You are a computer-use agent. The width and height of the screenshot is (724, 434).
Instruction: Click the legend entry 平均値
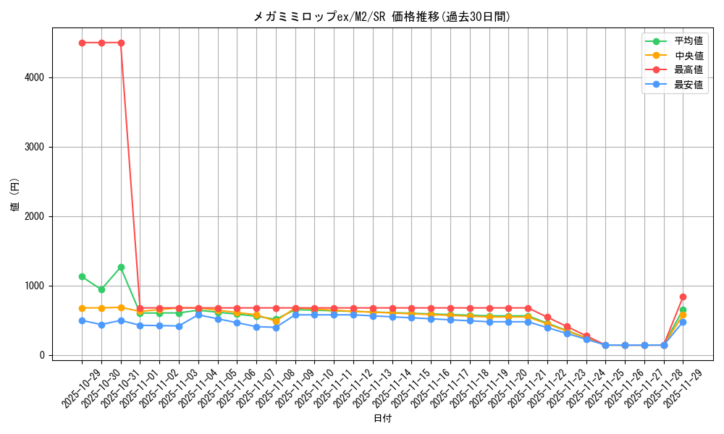point(689,41)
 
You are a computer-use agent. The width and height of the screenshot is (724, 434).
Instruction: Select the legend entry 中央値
point(689,56)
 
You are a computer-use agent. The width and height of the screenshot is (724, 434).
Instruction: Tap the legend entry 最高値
point(689,70)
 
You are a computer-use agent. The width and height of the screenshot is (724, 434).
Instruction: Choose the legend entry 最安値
point(689,85)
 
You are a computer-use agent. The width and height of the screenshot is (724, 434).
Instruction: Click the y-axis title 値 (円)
point(15,195)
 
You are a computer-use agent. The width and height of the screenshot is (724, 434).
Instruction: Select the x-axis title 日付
point(382,419)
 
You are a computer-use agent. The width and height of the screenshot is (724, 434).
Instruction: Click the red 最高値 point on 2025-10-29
point(82,43)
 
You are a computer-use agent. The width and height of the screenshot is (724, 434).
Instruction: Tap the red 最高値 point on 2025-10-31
point(121,43)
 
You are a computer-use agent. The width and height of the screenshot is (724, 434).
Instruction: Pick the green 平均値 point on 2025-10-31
point(121,267)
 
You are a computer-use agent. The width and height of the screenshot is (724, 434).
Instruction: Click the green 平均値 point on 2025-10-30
point(101,289)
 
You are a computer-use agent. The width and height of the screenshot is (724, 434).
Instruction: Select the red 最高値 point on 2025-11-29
point(683,297)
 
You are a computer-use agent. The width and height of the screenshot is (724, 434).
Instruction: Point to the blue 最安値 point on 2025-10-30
point(101,325)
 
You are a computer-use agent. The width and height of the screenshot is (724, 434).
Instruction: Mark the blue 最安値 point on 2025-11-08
point(276,328)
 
